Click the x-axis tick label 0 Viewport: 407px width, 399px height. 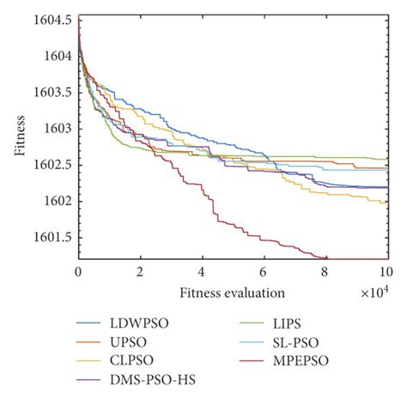(x=78, y=271)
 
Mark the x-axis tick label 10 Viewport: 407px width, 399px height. (x=386, y=271)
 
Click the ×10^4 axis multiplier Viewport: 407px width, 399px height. (x=374, y=294)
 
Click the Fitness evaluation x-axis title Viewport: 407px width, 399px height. (x=232, y=293)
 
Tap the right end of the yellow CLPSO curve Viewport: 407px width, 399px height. (x=387, y=203)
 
